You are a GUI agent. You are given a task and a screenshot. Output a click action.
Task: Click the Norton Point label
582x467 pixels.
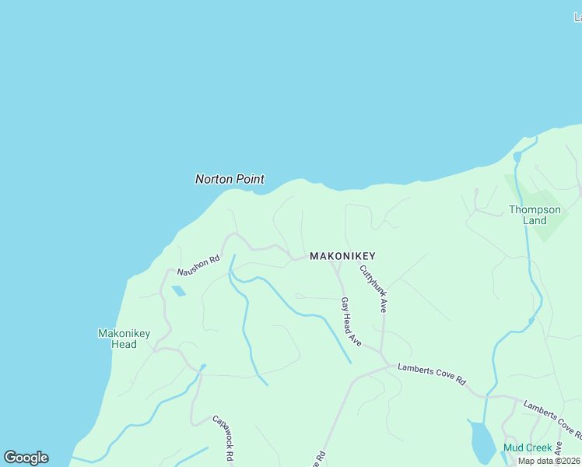(230, 179)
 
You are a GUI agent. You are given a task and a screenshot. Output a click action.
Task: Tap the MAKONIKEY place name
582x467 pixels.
(342, 256)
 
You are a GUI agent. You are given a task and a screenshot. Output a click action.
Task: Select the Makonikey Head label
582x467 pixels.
(124, 339)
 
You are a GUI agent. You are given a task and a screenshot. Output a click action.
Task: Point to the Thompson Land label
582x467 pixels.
(535, 215)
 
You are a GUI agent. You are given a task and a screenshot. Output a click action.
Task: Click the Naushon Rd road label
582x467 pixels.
(199, 265)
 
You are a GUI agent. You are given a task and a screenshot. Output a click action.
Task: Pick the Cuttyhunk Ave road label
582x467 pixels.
(373, 289)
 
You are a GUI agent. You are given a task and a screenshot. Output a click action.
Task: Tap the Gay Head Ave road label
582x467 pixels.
(351, 321)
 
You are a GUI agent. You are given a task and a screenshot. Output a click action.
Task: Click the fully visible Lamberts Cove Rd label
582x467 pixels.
(431, 374)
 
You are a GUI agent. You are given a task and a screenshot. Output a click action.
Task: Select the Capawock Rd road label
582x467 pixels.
(223, 438)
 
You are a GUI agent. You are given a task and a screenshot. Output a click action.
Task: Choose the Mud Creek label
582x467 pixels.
(527, 448)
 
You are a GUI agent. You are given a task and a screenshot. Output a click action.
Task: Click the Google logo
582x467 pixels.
(26, 458)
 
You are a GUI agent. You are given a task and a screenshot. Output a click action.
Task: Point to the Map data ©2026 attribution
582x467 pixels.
(549, 461)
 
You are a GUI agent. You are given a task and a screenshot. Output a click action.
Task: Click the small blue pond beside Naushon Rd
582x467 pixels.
(178, 291)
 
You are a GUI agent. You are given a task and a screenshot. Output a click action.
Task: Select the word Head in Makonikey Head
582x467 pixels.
(124, 344)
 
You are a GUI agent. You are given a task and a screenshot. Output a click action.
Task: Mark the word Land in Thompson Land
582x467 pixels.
(535, 220)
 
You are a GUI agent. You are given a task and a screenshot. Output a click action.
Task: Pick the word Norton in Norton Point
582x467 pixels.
(213, 179)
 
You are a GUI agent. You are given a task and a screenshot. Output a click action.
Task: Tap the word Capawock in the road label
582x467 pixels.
(219, 431)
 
